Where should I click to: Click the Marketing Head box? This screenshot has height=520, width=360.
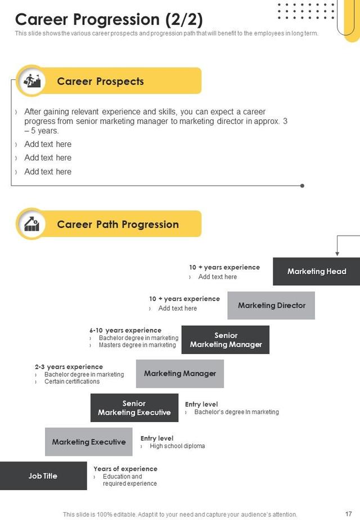pos(317,271)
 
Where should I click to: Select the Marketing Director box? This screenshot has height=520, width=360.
pos(271,306)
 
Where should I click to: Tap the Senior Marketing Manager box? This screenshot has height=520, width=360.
pos(226,340)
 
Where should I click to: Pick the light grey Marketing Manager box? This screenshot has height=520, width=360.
pos(180,374)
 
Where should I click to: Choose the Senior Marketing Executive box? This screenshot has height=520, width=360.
pos(134,408)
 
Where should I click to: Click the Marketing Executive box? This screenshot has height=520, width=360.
pos(89,442)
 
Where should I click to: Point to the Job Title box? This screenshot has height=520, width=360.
pos(43,476)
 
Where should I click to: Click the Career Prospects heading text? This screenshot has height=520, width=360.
pos(100,82)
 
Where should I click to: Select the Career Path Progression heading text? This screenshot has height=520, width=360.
pos(118,225)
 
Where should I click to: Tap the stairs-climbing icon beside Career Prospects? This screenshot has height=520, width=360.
pos(30,81)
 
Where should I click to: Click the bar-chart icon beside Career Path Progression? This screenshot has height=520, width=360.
pos(30,224)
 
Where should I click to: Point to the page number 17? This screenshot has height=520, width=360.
pos(348,513)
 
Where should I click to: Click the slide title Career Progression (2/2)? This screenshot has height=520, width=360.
pos(109,19)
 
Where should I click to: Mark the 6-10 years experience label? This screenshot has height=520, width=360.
pos(125,330)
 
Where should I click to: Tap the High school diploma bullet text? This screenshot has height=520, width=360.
pos(177,446)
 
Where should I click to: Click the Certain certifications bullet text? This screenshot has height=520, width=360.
pos(72,382)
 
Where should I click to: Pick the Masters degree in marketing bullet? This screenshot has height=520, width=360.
pos(137,345)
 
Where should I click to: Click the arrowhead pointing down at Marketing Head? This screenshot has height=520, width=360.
pos(337,254)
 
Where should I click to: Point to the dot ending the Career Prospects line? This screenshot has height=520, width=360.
pos(303,185)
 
